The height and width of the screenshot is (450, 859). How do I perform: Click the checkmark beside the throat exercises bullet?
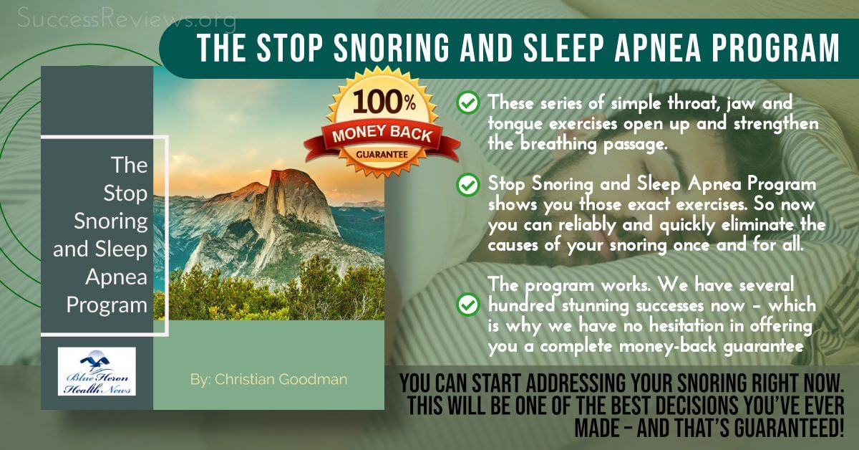click(467, 105)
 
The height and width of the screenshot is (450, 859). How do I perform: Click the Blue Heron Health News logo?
click(97, 371)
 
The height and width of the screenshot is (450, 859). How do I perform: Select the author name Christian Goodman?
click(268, 379)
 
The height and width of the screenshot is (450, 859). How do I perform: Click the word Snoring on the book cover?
click(110, 221)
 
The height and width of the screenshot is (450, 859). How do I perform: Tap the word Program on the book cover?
click(107, 305)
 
